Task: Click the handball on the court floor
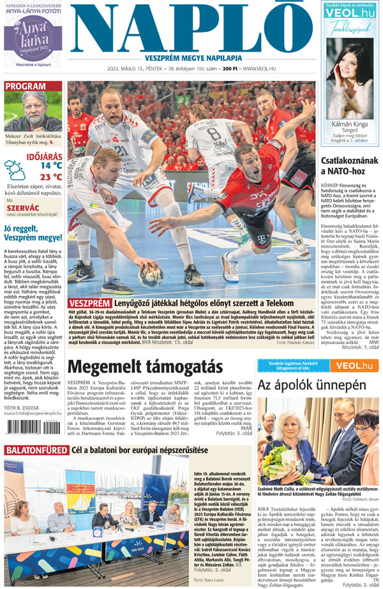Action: coord(151,279)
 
